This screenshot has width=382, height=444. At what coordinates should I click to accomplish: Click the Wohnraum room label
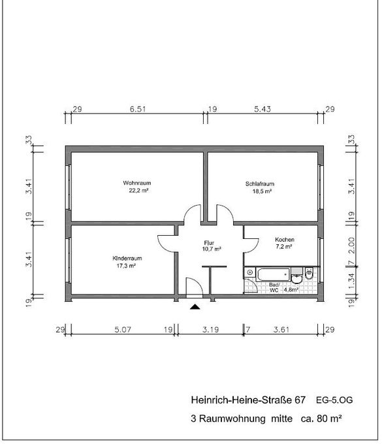(136, 183)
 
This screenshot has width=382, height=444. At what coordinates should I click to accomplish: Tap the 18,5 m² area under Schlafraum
(262, 191)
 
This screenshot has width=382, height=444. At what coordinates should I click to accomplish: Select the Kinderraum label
(127, 259)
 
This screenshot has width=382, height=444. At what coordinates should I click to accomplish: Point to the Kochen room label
(285, 240)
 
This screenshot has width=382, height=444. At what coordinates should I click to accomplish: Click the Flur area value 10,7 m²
(212, 249)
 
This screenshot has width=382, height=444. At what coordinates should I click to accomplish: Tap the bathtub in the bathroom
(273, 274)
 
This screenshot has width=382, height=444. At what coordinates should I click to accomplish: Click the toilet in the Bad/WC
(309, 273)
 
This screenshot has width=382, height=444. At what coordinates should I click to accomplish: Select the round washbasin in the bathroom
(296, 278)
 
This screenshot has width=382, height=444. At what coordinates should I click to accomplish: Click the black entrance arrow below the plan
(195, 307)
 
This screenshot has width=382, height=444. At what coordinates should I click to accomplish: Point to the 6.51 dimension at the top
(138, 109)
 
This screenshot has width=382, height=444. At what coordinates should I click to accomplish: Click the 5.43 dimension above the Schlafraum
(263, 109)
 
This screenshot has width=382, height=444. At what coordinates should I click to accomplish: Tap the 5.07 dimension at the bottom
(123, 330)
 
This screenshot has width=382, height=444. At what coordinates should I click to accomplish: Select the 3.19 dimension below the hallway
(211, 330)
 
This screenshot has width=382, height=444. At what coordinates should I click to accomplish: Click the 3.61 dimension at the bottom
(281, 330)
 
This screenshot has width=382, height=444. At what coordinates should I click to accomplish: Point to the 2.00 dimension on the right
(351, 246)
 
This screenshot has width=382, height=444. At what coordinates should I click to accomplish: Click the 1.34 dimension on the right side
(351, 281)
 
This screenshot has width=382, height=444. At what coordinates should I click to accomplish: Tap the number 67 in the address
(300, 400)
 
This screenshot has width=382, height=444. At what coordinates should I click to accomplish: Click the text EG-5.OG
(334, 400)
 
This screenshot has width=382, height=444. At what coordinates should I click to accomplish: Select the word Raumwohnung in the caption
(232, 419)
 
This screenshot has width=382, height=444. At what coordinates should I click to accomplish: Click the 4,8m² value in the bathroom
(291, 290)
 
